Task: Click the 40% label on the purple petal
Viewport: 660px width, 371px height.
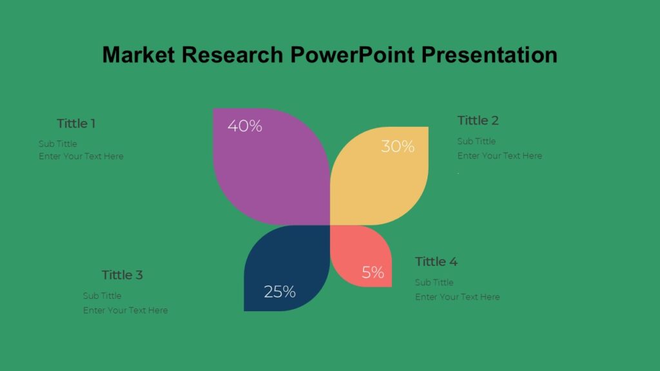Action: pos(245,126)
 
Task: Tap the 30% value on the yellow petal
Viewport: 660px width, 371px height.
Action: pos(398,147)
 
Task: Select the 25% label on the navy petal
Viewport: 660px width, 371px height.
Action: pos(280,292)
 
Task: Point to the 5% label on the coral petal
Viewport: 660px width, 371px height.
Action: pos(373,272)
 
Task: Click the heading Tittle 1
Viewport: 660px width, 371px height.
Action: pos(76,124)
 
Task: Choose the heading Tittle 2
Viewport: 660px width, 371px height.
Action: pos(478,120)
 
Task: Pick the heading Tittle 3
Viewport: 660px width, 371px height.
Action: pos(122,275)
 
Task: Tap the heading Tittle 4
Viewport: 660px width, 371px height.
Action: pos(436,262)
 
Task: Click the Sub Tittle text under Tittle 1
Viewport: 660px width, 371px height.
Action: pos(57,144)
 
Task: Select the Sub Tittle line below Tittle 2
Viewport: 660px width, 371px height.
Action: pos(476,141)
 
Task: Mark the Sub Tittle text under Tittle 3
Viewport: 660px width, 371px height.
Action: pos(102,296)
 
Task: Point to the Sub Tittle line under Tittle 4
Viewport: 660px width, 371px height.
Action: pos(434,282)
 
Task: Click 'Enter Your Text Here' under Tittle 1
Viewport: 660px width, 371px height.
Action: pos(81,156)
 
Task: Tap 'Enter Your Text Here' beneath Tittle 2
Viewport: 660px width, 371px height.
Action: pos(500,155)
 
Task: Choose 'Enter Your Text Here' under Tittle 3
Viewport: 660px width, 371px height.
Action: pos(125,310)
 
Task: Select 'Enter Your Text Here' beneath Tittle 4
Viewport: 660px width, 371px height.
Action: pos(457,297)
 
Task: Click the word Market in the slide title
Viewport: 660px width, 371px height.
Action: pos(138,55)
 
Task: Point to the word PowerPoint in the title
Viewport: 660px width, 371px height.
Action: pos(352,55)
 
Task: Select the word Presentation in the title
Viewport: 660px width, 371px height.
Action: pos(489,55)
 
